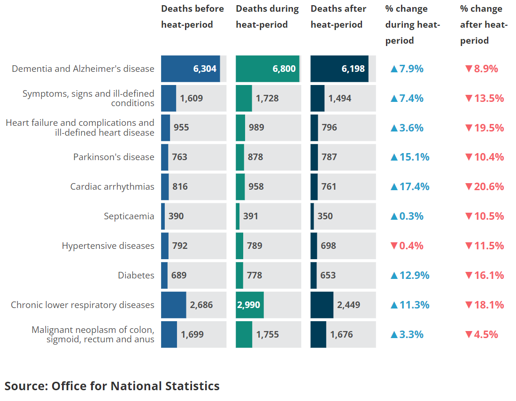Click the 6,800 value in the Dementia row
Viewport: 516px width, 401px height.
click(x=284, y=69)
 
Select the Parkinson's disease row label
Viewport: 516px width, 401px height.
click(x=114, y=157)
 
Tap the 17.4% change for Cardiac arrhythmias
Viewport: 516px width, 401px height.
click(x=410, y=187)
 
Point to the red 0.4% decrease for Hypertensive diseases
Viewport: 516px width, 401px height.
click(x=407, y=246)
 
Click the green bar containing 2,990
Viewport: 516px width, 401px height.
click(x=250, y=305)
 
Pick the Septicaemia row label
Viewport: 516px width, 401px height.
click(x=129, y=216)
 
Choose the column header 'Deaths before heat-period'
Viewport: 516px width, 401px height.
click(x=192, y=16)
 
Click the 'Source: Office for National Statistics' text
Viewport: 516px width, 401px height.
click(x=112, y=386)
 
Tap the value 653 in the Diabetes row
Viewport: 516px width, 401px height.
click(x=328, y=275)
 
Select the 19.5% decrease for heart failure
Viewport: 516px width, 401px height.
click(x=485, y=128)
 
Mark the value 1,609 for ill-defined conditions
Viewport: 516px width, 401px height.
click(x=191, y=98)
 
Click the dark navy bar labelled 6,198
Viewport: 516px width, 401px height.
click(x=339, y=69)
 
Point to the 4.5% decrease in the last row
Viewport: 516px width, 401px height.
click(x=482, y=334)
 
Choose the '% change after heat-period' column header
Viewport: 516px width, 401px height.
click(x=484, y=24)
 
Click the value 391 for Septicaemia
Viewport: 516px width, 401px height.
click(x=250, y=216)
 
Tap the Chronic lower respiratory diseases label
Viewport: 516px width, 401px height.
click(x=83, y=305)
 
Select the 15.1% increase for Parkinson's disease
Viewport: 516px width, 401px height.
click(x=410, y=157)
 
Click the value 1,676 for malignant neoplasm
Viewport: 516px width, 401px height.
click(x=342, y=334)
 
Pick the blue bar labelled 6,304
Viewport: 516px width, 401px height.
click(x=191, y=69)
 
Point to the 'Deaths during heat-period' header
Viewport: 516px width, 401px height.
click(x=267, y=16)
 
